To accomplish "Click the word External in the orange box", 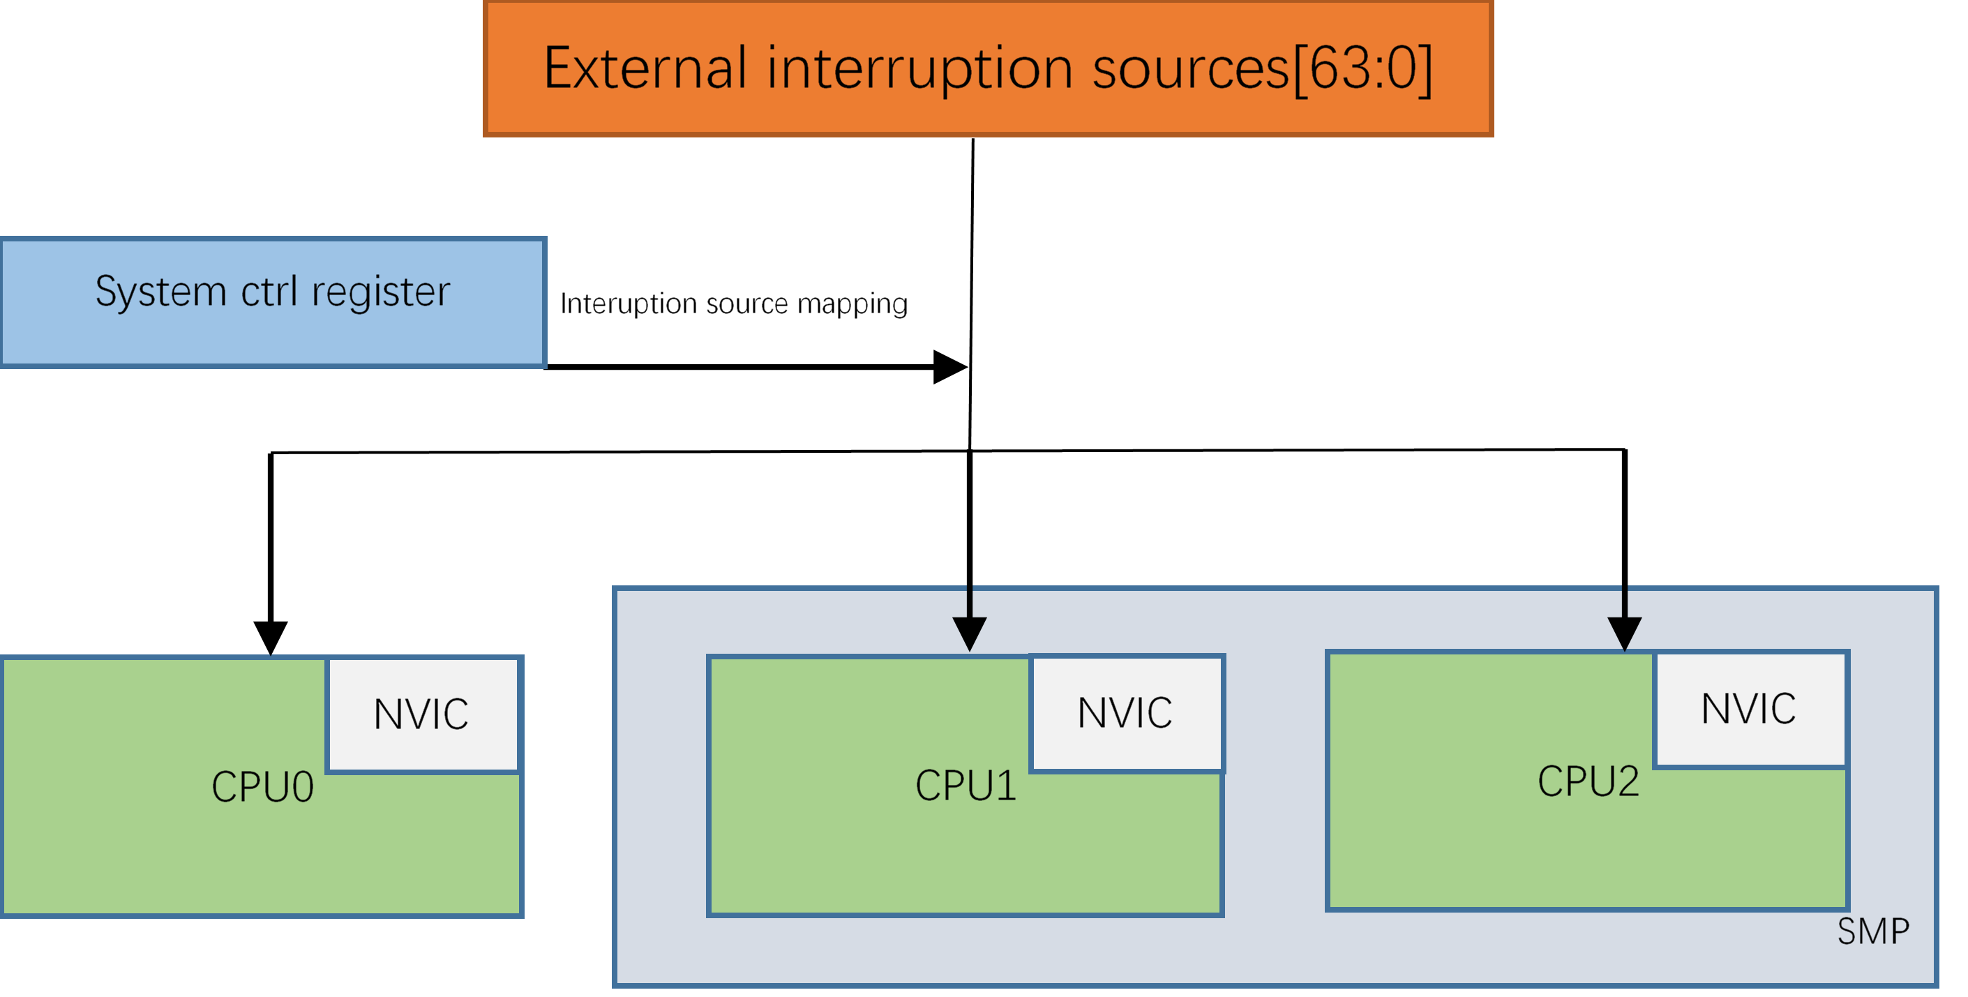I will tap(644, 69).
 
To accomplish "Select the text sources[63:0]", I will tap(1261, 69).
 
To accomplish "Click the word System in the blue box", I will tap(160, 292).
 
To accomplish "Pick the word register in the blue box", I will tap(380, 292).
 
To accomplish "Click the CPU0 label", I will tap(262, 787).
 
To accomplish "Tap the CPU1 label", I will tap(966, 786).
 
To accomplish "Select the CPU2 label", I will tap(1588, 781).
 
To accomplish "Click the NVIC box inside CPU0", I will tap(421, 715).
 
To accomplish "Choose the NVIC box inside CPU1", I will tap(1125, 714).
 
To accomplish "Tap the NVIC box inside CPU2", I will tap(1749, 709).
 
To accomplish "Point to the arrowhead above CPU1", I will tap(970, 633).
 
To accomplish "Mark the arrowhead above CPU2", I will tap(1624, 633).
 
